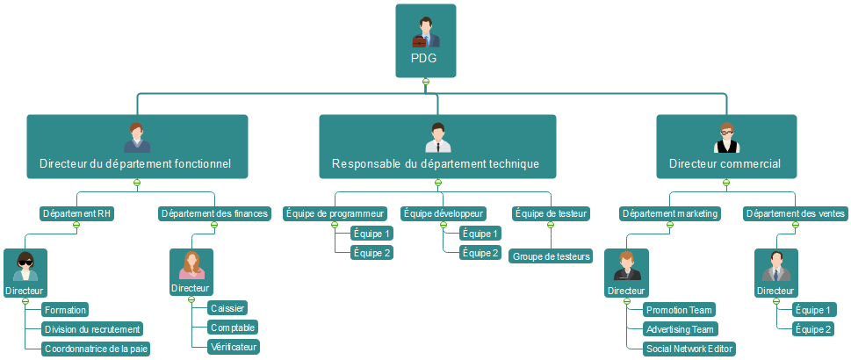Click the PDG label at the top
[x=425, y=59]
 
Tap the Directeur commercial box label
[x=725, y=163]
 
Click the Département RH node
[x=76, y=213]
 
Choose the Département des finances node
[x=214, y=213]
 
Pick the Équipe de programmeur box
[x=335, y=213]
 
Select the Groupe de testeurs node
[x=552, y=256]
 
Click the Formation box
[x=65, y=310]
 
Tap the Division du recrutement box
[x=92, y=329]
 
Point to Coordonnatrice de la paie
[x=96, y=349]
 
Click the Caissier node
[x=227, y=308]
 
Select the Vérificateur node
[x=233, y=347]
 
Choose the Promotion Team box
[x=679, y=310]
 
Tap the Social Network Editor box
[x=689, y=349]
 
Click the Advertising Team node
[x=680, y=329]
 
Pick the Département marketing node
[x=670, y=213]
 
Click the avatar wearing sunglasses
[x=25, y=265]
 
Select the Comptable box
[x=233, y=328]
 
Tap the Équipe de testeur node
[x=551, y=213]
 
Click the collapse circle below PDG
[x=425, y=82]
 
